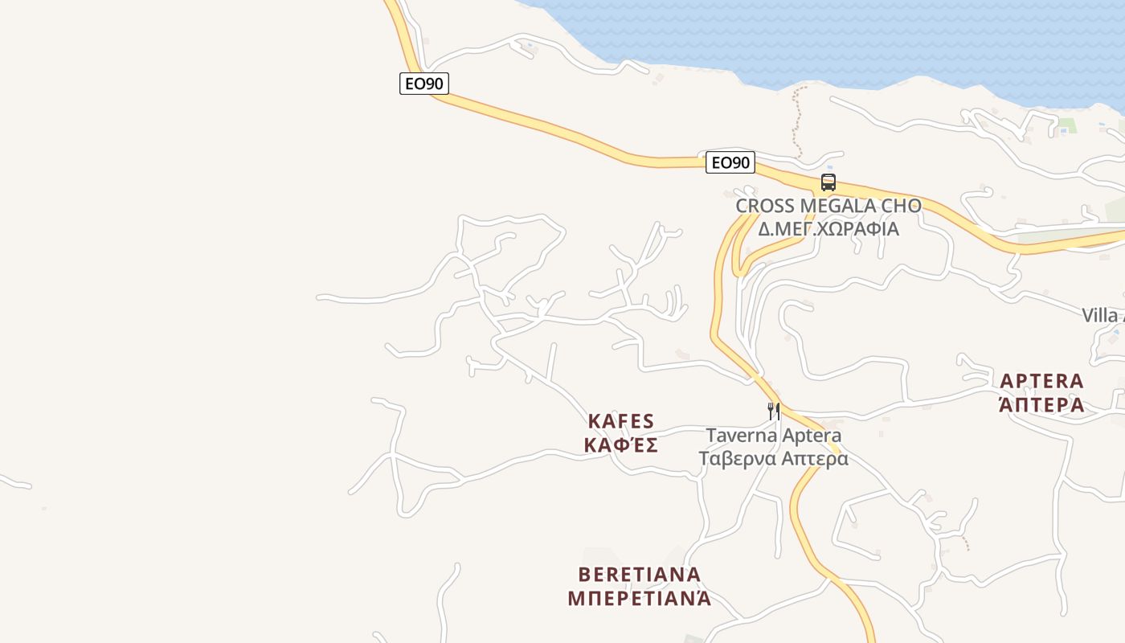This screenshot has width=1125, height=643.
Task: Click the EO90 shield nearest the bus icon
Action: click(x=730, y=162)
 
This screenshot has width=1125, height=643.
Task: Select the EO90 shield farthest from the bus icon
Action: click(x=423, y=83)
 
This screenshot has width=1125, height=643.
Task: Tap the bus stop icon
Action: click(x=828, y=182)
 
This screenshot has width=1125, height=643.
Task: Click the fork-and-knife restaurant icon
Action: click(x=774, y=412)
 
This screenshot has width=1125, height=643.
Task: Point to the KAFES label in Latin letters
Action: click(x=621, y=421)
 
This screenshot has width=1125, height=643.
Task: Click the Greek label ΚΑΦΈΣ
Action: click(x=621, y=445)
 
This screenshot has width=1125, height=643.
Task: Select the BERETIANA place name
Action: click(x=640, y=575)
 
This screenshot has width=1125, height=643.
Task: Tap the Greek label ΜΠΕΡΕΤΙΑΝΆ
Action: click(x=640, y=599)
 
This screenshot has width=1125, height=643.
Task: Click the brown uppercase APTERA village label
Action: click(x=1041, y=380)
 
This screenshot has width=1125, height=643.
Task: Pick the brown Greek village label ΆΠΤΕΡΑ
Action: click(x=1041, y=404)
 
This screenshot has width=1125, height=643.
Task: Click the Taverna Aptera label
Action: click(x=774, y=436)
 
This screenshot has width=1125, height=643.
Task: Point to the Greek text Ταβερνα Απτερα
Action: click(x=774, y=459)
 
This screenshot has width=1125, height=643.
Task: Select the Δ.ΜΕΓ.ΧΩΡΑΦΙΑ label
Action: click(x=828, y=228)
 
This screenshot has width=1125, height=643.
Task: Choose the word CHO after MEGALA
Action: click(x=902, y=206)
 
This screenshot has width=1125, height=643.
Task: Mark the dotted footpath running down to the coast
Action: click(x=796, y=121)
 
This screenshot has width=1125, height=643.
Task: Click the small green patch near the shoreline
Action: click(x=1066, y=125)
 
